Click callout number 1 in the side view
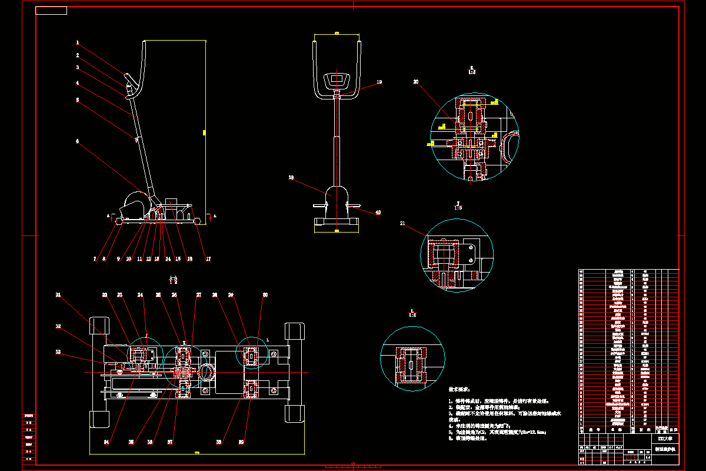[x=77, y=42]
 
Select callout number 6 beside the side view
[x=77, y=141]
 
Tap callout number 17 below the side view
[x=208, y=258]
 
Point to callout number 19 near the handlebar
[x=379, y=82]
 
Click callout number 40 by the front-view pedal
[x=378, y=212]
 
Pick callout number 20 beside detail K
[x=416, y=82]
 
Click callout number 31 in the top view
[x=58, y=294]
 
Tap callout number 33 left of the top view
[x=58, y=352]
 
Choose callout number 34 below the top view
[x=106, y=441]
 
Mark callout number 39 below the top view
[x=241, y=441]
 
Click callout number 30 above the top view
[x=265, y=294]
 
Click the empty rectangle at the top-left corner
[x=51, y=11]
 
